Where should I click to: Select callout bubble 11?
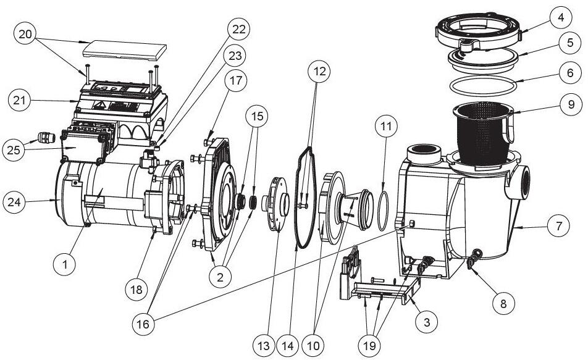(x=385, y=129)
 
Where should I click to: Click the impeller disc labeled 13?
(x=277, y=204)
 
